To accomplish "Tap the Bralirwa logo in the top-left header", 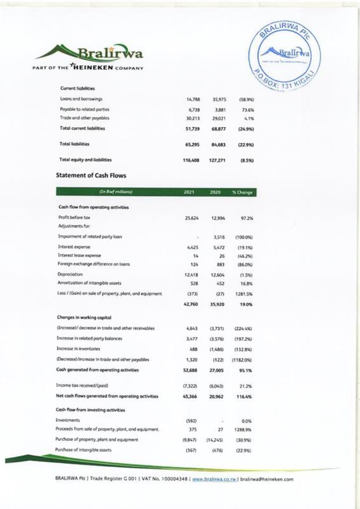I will [x=90, y=52].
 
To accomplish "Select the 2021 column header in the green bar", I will [x=189, y=191].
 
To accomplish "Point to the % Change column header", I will [x=244, y=191].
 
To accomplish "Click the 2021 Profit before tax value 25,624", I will [x=191, y=218].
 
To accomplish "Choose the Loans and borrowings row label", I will [x=81, y=99].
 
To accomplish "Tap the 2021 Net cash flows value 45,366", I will [x=191, y=396].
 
